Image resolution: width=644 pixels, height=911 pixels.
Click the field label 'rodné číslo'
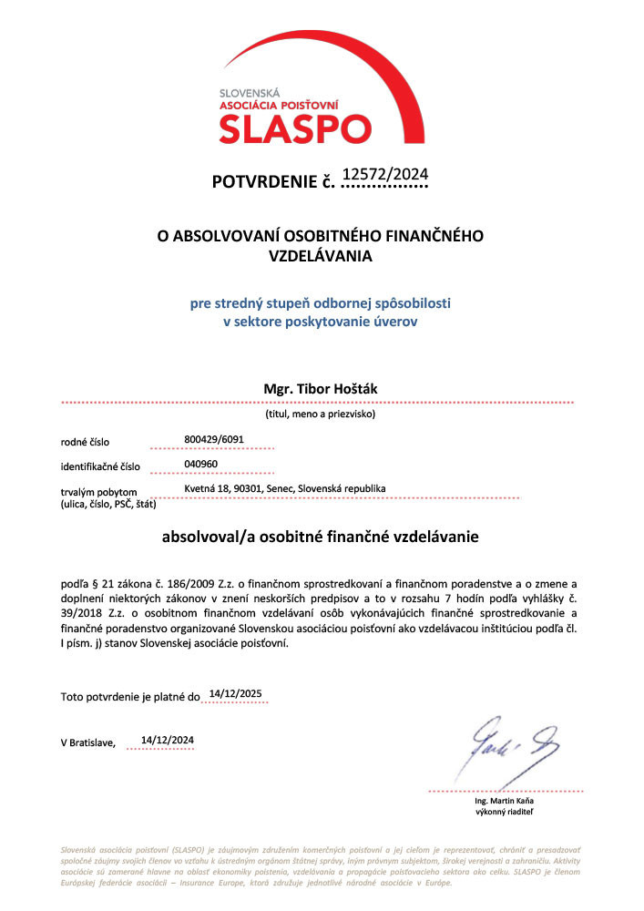85,442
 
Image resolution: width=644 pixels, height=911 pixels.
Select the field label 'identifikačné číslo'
100,466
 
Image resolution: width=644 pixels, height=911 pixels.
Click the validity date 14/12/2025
235,693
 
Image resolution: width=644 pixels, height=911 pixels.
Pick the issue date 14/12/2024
167,739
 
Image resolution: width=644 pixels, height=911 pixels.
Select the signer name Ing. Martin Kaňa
505,800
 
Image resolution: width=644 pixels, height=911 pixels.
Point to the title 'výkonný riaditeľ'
505,811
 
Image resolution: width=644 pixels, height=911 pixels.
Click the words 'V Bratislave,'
88,742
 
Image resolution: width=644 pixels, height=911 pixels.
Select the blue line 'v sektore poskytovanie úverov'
320,321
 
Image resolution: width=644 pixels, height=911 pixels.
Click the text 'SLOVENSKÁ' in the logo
249,93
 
